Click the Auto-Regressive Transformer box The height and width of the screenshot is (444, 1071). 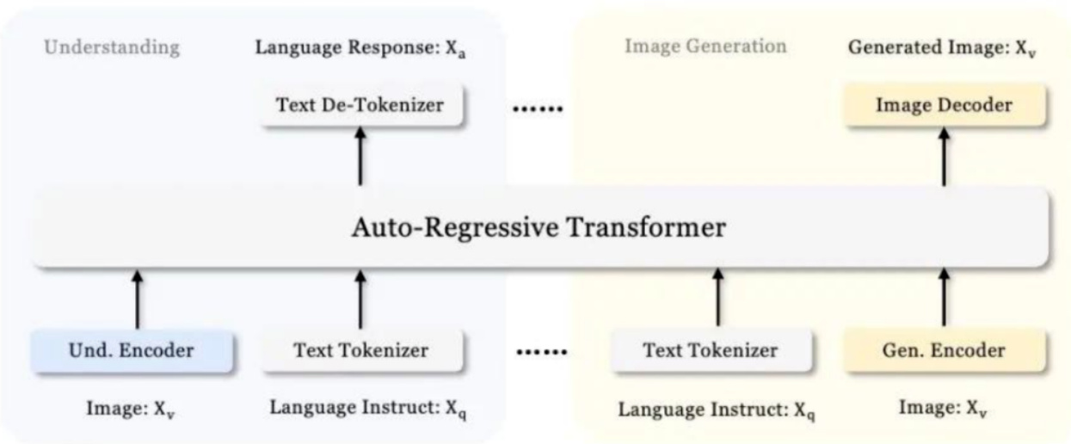(x=540, y=230)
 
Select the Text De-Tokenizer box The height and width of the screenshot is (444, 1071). (x=360, y=106)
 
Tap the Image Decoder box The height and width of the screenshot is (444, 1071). (x=944, y=106)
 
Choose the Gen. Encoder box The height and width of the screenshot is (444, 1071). (x=944, y=351)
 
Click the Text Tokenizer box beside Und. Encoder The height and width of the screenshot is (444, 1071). (x=361, y=351)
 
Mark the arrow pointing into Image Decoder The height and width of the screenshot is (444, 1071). (x=944, y=157)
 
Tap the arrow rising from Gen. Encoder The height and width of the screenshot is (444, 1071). (x=944, y=297)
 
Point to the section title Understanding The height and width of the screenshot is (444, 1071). (x=112, y=47)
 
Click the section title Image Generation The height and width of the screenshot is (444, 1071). (x=705, y=46)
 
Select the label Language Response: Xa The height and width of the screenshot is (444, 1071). (x=360, y=46)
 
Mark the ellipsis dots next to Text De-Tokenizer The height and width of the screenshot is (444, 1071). (x=537, y=109)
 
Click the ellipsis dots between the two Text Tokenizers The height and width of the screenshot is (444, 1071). (x=542, y=352)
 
